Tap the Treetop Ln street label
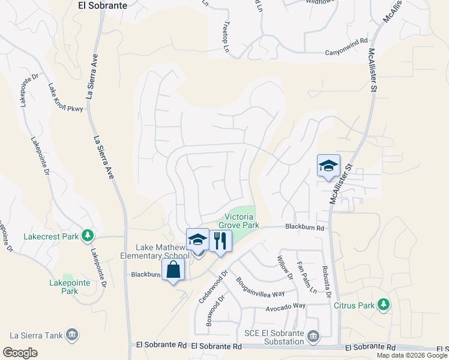[x=226, y=38]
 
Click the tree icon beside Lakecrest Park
[x=88, y=235]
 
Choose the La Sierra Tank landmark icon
[x=72, y=334]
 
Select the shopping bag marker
[x=173, y=270]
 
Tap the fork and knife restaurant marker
[x=220, y=241]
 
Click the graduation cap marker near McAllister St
[x=328, y=166]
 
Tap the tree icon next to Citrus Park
[x=383, y=305]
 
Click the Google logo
[x=20, y=353]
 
